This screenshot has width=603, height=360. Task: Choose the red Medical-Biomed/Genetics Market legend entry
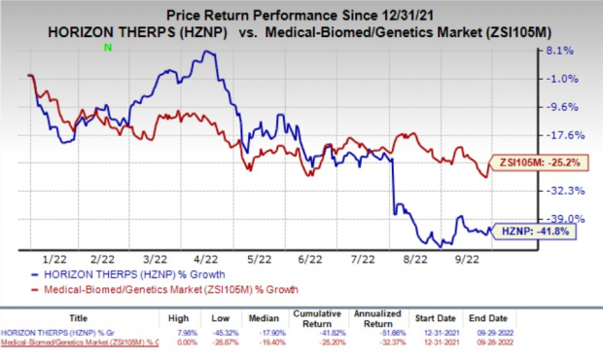click(x=146, y=289)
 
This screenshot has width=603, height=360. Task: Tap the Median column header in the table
click(x=281, y=318)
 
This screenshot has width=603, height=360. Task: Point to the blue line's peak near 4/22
click(x=205, y=52)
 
